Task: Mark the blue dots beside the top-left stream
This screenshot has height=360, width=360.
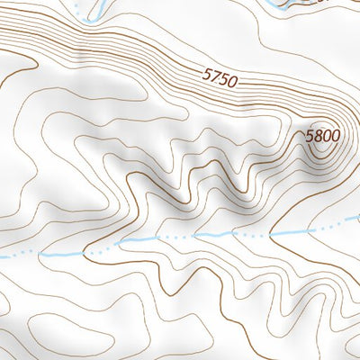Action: (81, 16)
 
